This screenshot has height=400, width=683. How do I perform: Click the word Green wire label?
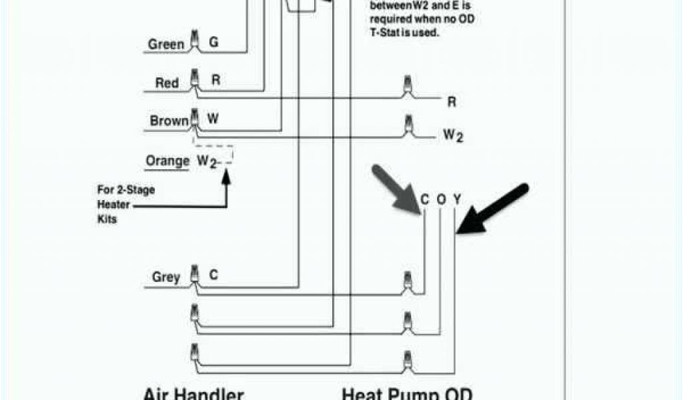(165, 45)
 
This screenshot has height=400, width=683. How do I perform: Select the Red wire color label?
(167, 83)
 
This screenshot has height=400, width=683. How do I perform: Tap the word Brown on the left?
(169, 121)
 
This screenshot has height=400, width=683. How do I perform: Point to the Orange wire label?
(167, 161)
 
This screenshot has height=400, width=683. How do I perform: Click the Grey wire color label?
(166, 277)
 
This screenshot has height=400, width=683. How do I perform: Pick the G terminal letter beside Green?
(213, 42)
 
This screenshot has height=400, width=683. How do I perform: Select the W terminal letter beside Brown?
(213, 119)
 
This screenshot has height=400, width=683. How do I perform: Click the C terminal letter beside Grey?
(213, 274)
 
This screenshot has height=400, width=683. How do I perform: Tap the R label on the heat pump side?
(452, 102)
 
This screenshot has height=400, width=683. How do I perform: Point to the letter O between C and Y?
(441, 199)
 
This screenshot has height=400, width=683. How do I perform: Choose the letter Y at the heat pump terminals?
(457, 199)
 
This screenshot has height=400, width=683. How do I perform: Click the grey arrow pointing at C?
(396, 189)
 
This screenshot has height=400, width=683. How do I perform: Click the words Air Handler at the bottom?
(193, 393)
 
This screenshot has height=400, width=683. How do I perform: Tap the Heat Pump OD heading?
(407, 393)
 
